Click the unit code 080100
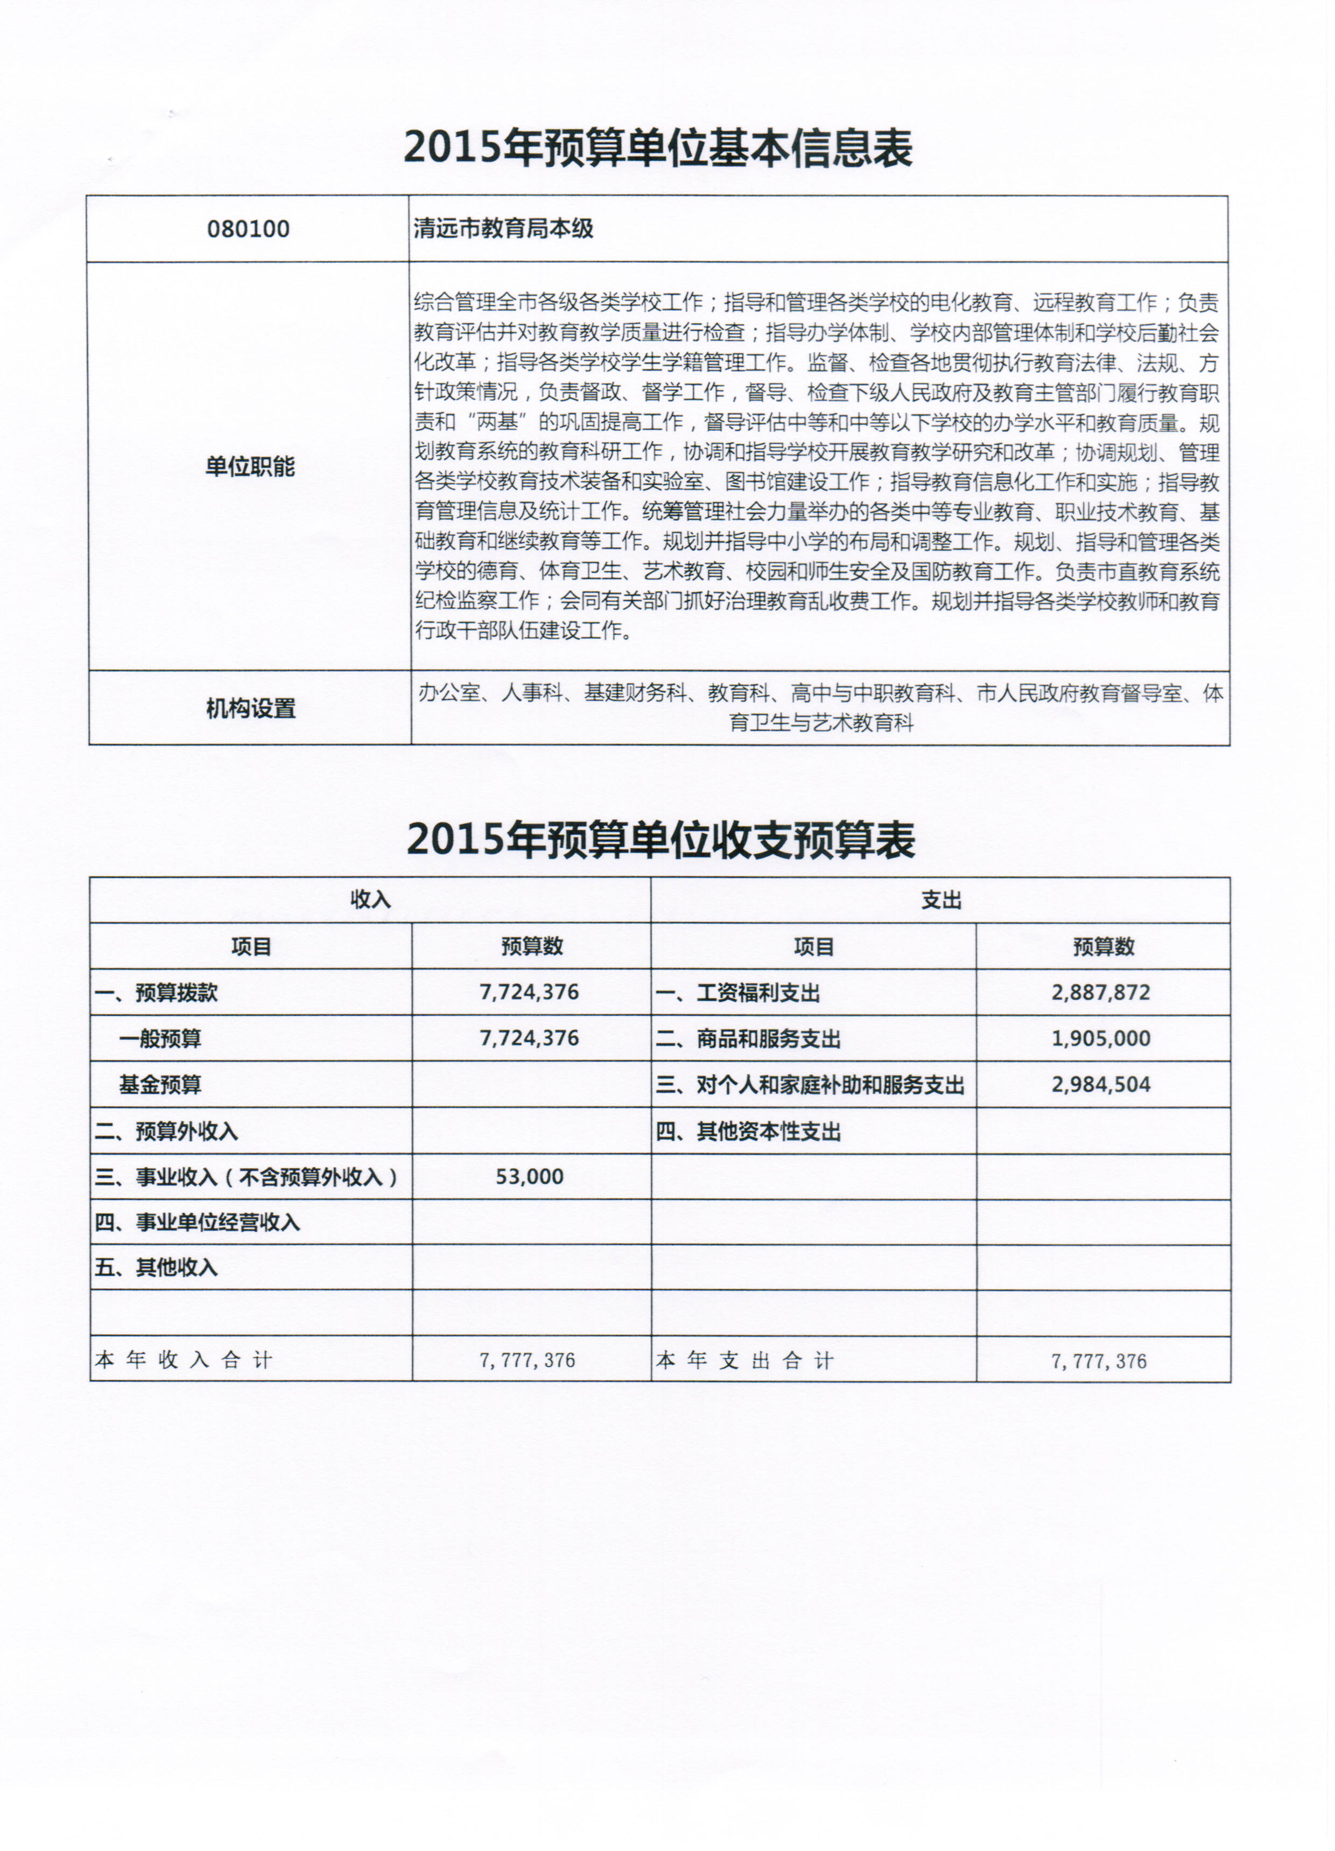pyautogui.click(x=248, y=229)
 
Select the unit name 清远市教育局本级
pyautogui.click(x=503, y=229)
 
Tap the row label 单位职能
pyautogui.click(x=250, y=467)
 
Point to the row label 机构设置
pyautogui.click(x=250, y=708)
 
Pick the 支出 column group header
pyautogui.click(x=941, y=900)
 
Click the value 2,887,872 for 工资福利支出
pyautogui.click(x=1101, y=993)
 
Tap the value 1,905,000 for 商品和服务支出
pyautogui.click(x=1101, y=1038)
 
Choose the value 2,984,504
pyautogui.click(x=1101, y=1085)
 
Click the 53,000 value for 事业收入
pyautogui.click(x=530, y=1176)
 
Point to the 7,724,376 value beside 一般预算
pyautogui.click(x=530, y=1038)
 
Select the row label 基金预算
pyautogui.click(x=160, y=1085)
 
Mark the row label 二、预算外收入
pyautogui.click(x=166, y=1131)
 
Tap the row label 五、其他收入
pyautogui.click(x=156, y=1267)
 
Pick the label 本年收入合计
pyautogui.click(x=184, y=1360)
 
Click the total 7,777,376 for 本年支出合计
pyautogui.click(x=1099, y=1360)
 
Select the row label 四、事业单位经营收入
pyautogui.click(x=198, y=1222)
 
